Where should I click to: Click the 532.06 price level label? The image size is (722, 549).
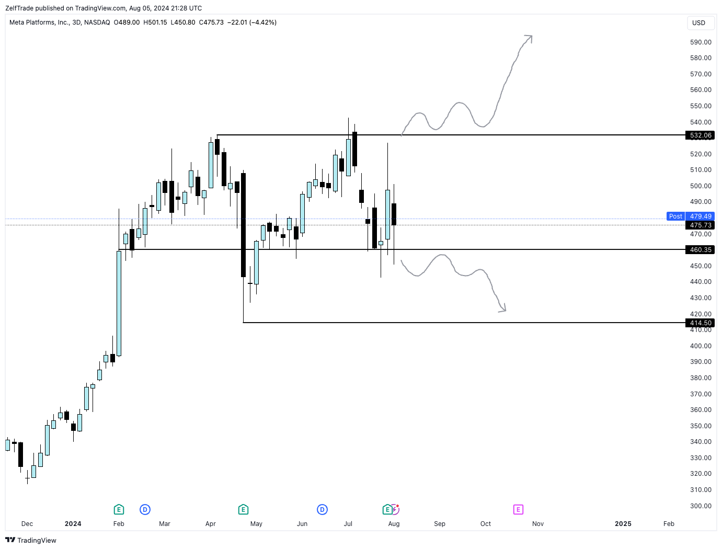[700, 135]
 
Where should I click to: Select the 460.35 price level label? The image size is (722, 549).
[700, 250]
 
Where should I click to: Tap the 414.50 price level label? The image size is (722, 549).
[700, 323]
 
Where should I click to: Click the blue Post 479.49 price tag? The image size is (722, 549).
[690, 216]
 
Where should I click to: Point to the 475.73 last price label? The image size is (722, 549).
[700, 225]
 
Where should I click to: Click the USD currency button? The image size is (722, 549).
[698, 23]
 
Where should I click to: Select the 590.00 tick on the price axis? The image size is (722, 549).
[701, 42]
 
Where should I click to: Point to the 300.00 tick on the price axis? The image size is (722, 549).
[701, 506]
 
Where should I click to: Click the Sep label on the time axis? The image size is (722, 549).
[440, 524]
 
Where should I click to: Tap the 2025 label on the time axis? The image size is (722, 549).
[623, 524]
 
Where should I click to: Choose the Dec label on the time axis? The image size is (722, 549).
[27, 524]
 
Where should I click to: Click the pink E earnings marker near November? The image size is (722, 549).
[518, 510]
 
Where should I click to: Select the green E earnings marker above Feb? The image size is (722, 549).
[119, 510]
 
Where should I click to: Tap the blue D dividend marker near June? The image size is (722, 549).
[322, 510]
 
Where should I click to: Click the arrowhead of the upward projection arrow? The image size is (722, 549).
[530, 38]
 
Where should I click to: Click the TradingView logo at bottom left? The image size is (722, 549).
[31, 540]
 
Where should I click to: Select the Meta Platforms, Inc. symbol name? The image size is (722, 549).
[39, 22]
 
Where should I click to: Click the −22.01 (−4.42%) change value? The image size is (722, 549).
[252, 22]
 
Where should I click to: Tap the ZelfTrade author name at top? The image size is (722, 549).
[19, 8]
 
